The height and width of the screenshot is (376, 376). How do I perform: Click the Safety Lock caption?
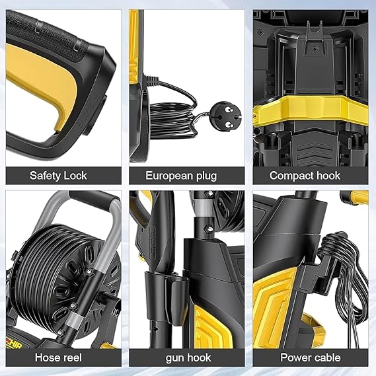pos(58,176)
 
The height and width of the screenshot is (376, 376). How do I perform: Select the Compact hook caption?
pos(305,176)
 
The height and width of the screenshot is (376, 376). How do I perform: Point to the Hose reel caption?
pos(58,357)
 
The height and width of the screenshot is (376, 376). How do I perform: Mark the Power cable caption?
pos(305,357)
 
